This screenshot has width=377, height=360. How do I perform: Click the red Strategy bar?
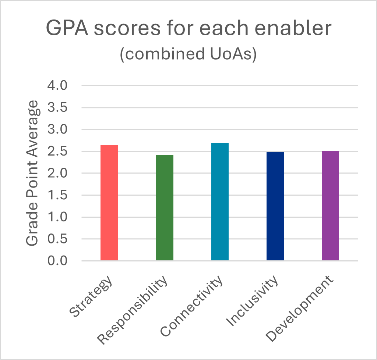tap(109, 203)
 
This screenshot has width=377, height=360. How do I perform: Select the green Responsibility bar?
tap(165, 208)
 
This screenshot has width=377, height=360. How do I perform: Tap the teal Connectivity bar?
tap(220, 202)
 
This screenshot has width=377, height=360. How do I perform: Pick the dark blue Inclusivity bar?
tap(275, 207)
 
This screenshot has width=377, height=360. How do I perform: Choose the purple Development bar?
tap(330, 206)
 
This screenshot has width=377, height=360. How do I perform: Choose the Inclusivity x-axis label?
tap(253, 302)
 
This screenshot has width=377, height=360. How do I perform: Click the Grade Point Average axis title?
tap(33, 173)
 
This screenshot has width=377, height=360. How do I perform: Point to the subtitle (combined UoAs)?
tap(188, 54)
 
